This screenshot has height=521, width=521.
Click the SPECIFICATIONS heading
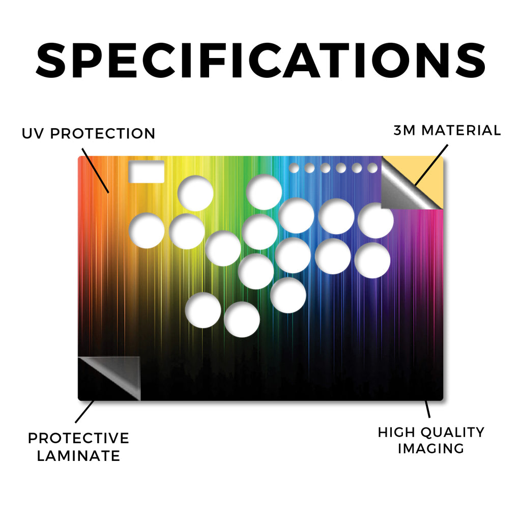coord(260,61)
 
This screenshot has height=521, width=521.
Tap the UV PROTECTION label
coord(89,134)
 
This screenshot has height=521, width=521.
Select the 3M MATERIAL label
coord(447,130)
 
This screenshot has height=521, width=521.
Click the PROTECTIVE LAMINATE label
coord(78,447)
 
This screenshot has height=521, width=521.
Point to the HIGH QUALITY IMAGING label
coord(431,440)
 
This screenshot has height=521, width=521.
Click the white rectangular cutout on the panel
coord(147,171)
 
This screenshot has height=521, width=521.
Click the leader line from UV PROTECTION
coord(95,170)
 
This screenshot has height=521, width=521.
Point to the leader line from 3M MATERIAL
coord(431,165)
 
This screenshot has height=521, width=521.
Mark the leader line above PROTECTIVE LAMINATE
coord(85,411)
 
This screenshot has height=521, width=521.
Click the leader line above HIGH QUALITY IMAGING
coord(427,409)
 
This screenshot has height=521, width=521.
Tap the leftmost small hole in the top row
coord(294,168)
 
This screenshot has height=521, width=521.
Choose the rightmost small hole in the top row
coord(372,168)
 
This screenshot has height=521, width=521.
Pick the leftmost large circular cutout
coord(147,230)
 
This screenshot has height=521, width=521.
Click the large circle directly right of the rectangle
coord(195,193)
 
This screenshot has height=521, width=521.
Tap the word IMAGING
coord(431,449)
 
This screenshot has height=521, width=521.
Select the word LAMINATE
coord(78,456)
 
